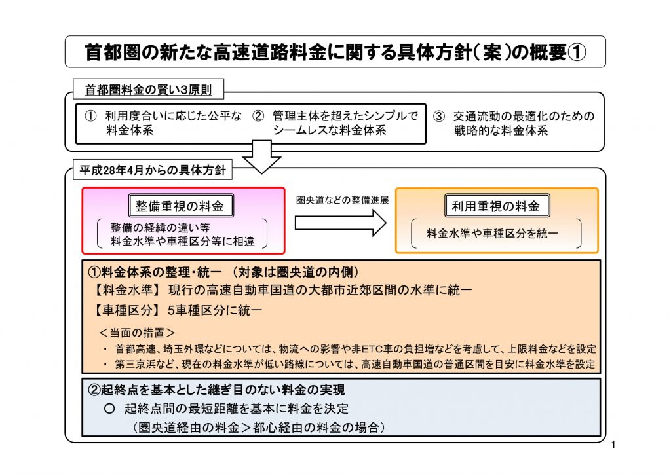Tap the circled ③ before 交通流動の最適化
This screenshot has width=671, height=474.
439,117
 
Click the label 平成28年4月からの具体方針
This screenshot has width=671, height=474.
152,171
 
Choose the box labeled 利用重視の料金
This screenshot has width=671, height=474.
496,206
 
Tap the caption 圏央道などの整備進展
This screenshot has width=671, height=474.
343,200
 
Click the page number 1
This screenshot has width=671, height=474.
613,447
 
